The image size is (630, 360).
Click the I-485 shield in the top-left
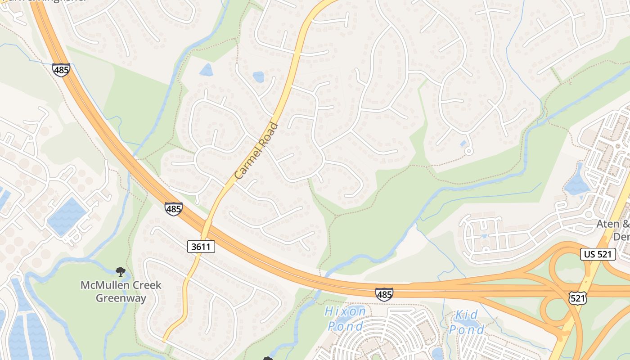(x=61, y=70)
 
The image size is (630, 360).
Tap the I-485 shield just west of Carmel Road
(x=173, y=209)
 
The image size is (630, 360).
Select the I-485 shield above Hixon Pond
(x=384, y=294)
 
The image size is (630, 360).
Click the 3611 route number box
(x=201, y=246)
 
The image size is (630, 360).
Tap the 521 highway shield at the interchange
(x=577, y=297)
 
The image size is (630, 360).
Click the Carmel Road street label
(x=257, y=150)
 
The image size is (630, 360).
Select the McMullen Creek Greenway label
(x=121, y=291)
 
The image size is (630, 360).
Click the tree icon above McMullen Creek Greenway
(x=120, y=271)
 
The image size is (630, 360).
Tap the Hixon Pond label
(x=346, y=318)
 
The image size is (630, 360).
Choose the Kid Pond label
(x=467, y=322)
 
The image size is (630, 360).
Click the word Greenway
(x=121, y=298)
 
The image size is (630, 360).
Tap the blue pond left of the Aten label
(x=576, y=184)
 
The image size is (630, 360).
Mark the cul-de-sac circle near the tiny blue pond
(x=468, y=151)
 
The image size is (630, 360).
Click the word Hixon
(x=346, y=311)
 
